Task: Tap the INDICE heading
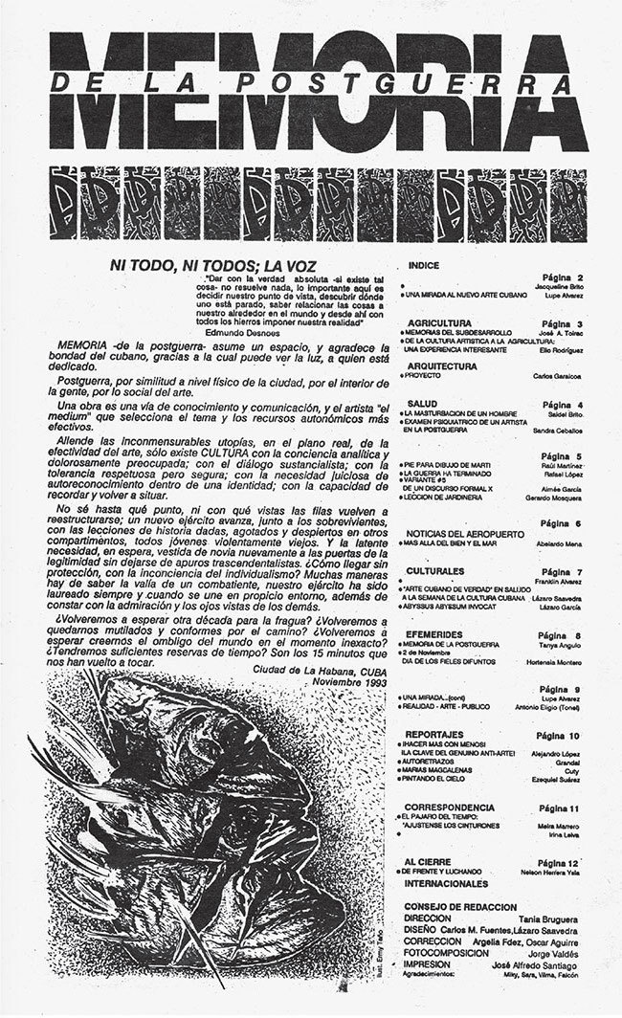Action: [424, 264]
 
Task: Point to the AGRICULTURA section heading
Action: [438, 324]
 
